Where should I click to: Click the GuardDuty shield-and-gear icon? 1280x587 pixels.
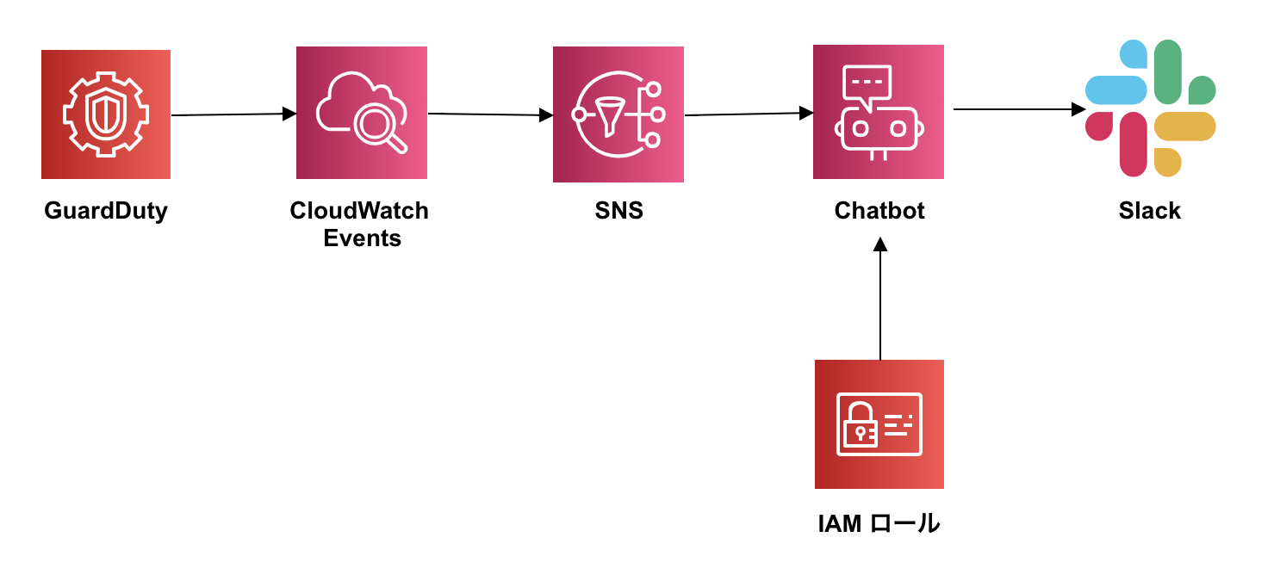[x=106, y=114]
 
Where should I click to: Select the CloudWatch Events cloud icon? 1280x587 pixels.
[x=362, y=113]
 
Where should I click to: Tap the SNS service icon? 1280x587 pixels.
[x=618, y=114]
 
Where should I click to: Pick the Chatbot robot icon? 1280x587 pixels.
[x=879, y=112]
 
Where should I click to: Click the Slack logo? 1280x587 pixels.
[x=1150, y=108]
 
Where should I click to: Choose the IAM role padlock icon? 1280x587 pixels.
[x=879, y=424]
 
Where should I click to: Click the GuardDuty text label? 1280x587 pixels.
[x=106, y=211]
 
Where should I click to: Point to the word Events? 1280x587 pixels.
[x=363, y=238]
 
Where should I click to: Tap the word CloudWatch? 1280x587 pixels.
[x=359, y=211]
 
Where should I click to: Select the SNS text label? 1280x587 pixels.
[x=618, y=211]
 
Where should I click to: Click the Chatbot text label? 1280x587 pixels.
[x=879, y=211]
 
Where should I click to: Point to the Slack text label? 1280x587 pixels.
[x=1150, y=211]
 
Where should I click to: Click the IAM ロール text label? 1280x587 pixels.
[x=879, y=523]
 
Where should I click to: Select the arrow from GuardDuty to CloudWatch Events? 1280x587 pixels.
[x=233, y=114]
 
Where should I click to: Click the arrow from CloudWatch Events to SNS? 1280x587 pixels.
[x=490, y=114]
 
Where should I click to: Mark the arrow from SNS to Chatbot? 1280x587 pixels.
[x=749, y=114]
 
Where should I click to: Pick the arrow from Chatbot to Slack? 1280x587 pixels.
[x=1019, y=109]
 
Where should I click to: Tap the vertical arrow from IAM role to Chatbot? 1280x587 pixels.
[x=880, y=299]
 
